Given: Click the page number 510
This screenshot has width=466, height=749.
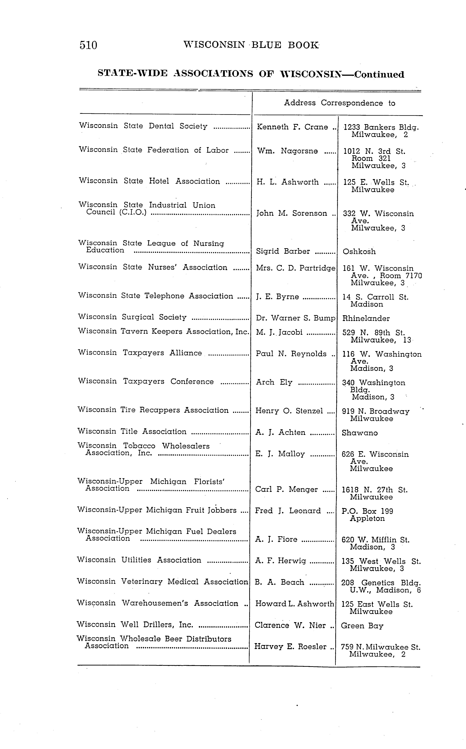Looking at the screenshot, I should pyautogui.click(x=89, y=45).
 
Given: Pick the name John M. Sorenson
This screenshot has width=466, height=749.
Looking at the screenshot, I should pyautogui.click(x=292, y=213).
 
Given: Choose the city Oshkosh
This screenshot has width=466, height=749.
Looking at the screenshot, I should pyautogui.click(x=359, y=252).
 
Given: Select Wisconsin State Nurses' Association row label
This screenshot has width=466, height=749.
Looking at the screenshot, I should pyautogui.click(x=153, y=267).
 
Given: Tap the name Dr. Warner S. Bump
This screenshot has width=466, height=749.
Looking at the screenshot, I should pyautogui.click(x=295, y=318).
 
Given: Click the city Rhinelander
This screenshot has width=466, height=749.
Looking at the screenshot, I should pyautogui.click(x=366, y=318).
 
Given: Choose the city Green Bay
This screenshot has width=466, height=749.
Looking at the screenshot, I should pyautogui.click(x=362, y=626).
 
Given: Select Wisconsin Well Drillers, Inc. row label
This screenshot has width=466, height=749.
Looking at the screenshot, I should pyautogui.click(x=135, y=625).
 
